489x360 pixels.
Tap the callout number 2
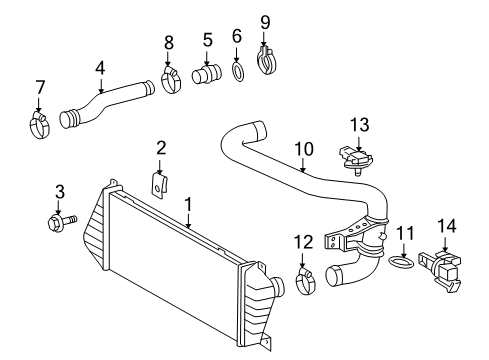160,149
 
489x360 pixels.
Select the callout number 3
59,190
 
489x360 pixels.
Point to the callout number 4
100,69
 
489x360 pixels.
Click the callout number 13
360,124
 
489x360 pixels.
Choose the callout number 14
445,229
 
